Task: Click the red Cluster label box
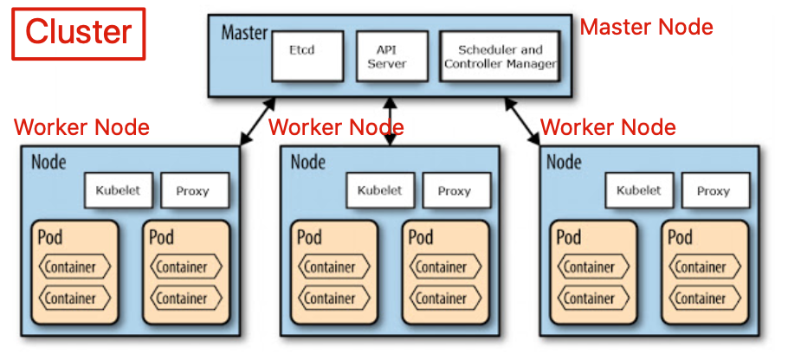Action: tap(78, 32)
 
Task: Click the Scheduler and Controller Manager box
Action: tap(500, 56)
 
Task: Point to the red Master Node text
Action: tap(646, 27)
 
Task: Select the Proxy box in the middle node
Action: tap(453, 190)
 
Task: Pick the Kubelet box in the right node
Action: tap(638, 190)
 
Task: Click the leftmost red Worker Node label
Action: tap(81, 128)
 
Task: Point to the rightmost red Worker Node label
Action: tap(608, 128)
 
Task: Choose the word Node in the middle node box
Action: tap(308, 161)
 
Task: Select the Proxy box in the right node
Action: tap(713, 190)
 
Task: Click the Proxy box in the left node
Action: tap(192, 190)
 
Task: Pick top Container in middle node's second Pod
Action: tap(442, 267)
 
